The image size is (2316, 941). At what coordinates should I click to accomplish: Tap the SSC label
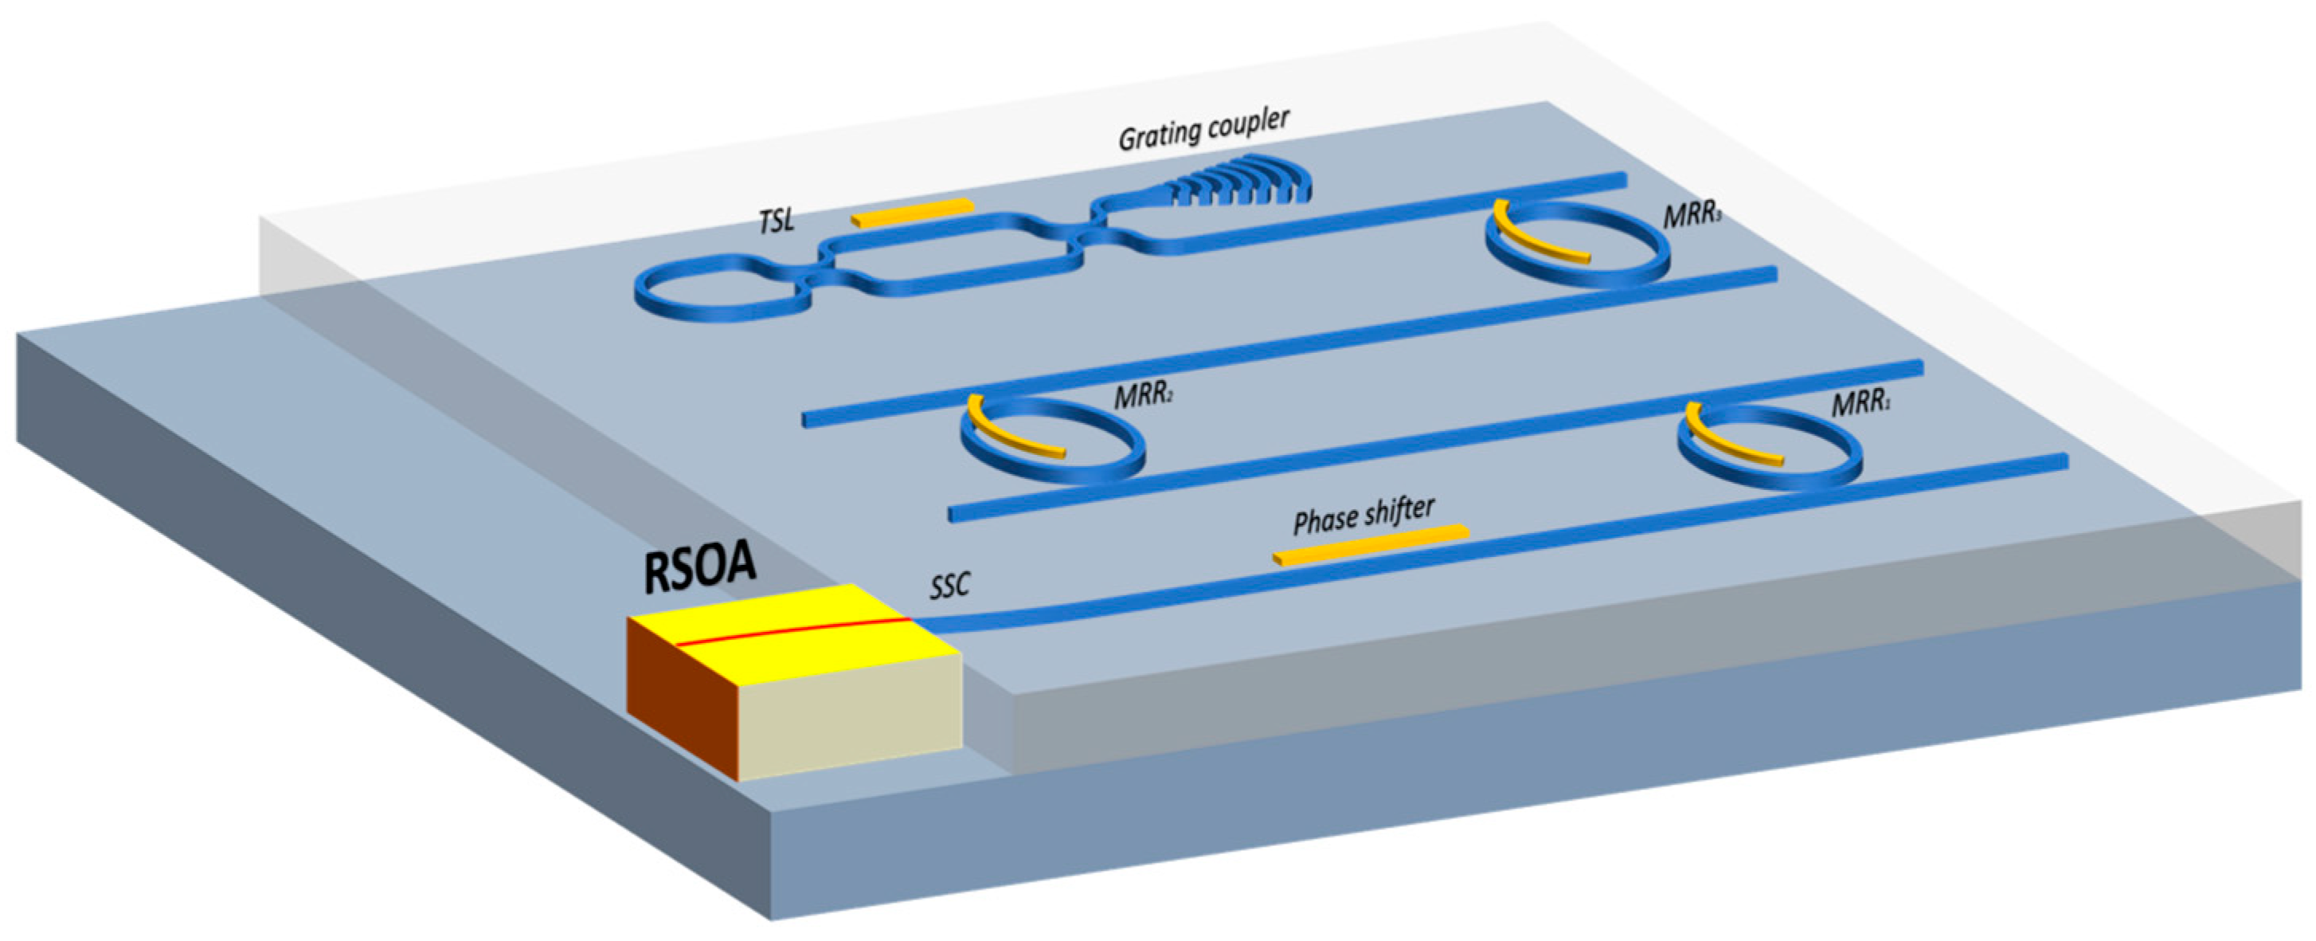[949, 586]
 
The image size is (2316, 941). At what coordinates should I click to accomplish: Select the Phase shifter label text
[1363, 516]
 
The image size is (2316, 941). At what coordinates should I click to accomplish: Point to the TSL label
[777, 221]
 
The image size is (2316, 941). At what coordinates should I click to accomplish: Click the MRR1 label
[1860, 404]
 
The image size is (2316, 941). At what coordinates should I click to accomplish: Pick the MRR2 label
[1143, 396]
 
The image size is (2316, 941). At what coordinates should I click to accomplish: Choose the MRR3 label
[1691, 217]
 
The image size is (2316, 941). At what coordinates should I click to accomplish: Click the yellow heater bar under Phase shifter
[1371, 545]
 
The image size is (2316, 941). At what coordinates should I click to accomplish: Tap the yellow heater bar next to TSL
[912, 212]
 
